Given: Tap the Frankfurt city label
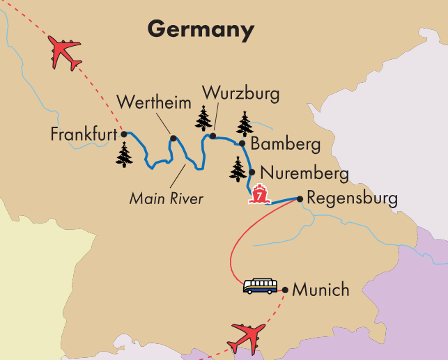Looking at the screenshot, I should pos(83,134).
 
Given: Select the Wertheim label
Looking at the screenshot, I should pos(153,103).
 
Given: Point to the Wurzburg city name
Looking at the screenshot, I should pos(240,93).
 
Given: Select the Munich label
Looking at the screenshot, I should pos(321,289).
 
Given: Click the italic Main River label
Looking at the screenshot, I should pos(167,199).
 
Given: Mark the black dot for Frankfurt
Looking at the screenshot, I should pos(124,134).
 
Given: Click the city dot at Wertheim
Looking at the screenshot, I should pos(173,138).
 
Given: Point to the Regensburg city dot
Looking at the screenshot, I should pos(300,198).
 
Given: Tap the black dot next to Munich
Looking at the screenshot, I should pos(284,288).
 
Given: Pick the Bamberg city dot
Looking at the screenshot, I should pos(242,144).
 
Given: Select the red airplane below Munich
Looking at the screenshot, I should pos(247,338).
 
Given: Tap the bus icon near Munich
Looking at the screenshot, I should pos(259,285).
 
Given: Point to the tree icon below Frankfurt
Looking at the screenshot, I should pos(125,155).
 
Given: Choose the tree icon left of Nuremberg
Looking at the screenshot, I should pos(238,169).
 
